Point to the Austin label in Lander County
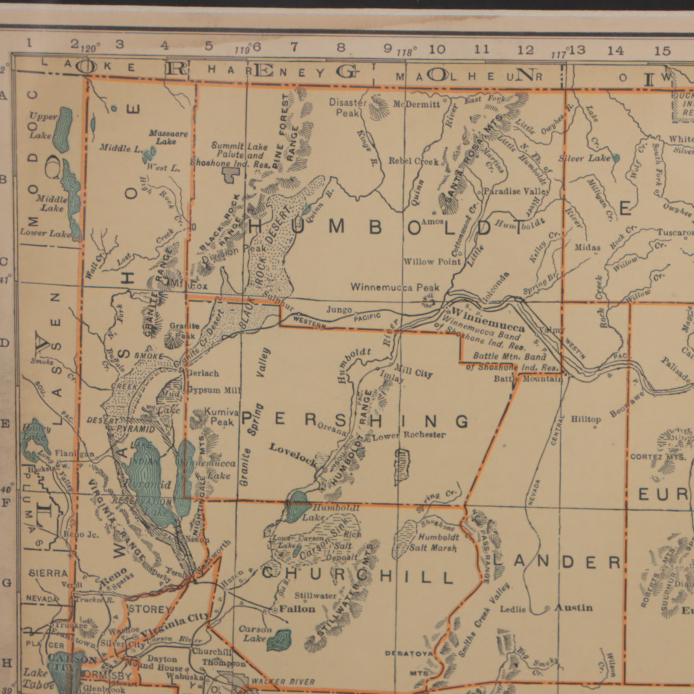tap(573, 607)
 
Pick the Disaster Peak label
tap(347, 108)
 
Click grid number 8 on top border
tap(340, 47)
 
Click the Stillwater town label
tap(315, 596)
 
